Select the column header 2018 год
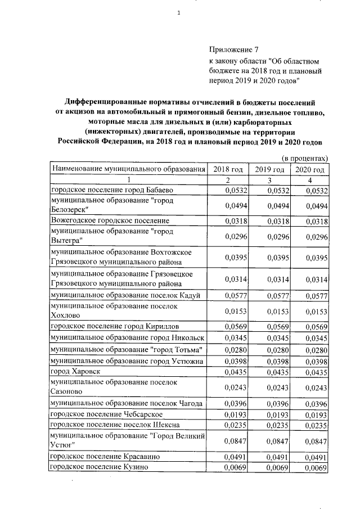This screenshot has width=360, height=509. click(228, 169)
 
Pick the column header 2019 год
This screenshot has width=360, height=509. click(268, 169)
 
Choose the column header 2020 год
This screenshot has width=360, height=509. click(310, 169)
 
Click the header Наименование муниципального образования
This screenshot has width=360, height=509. click(127, 169)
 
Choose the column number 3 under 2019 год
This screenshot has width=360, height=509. click(269, 180)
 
